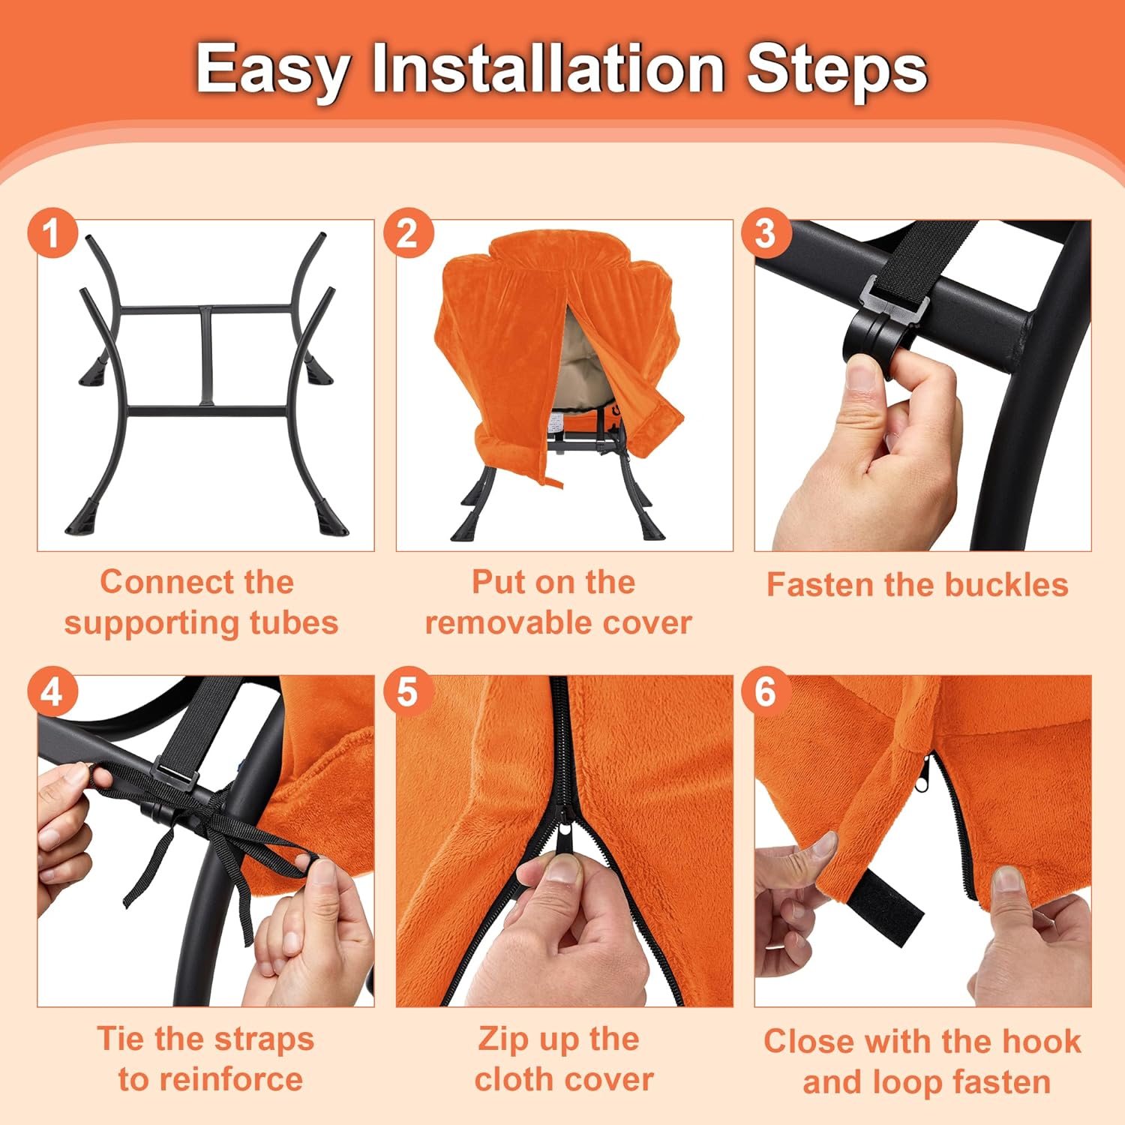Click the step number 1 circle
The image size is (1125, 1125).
tap(52, 233)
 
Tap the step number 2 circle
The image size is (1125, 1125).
tap(408, 233)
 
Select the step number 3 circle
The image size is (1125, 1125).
tap(766, 233)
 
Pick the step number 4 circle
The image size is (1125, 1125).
tap(52, 691)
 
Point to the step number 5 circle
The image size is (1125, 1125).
tap(408, 691)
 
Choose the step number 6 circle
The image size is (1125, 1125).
tap(766, 691)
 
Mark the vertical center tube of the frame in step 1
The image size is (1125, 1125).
tap(206, 356)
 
